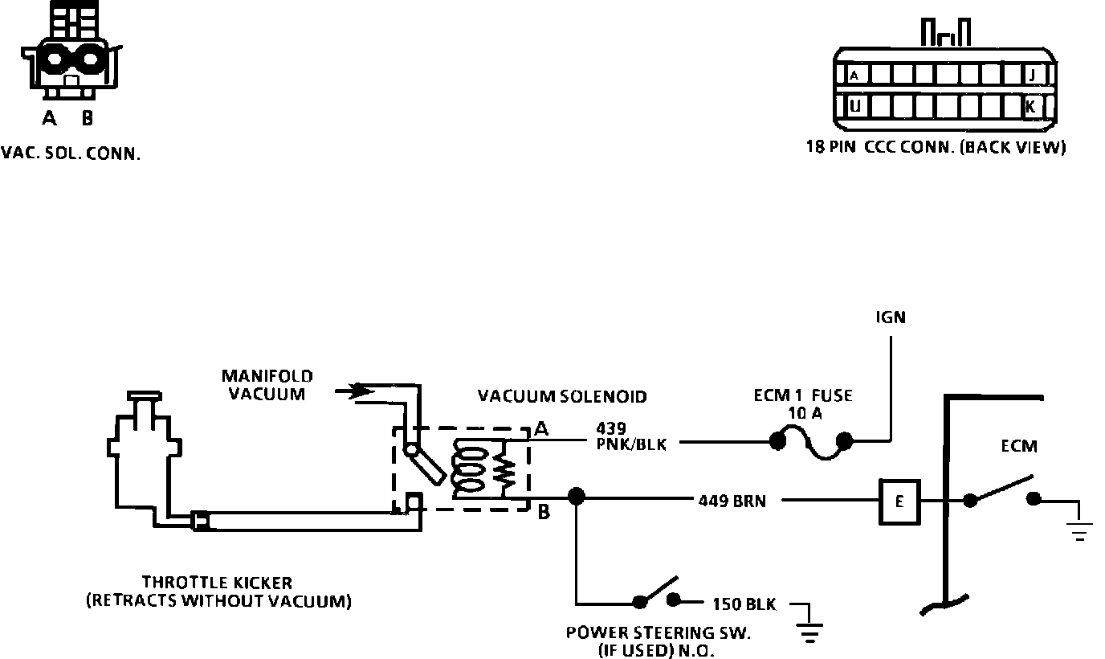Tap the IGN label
tap(891, 317)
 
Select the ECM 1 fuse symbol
tap(810, 444)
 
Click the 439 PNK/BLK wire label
tap(631, 436)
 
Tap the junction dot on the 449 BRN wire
tap(575, 495)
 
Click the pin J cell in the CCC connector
tap(1032, 76)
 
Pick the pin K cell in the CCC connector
tap(1032, 105)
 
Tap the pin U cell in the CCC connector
tap(856, 105)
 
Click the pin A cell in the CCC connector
tap(855, 76)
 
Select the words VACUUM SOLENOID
tap(561, 396)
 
